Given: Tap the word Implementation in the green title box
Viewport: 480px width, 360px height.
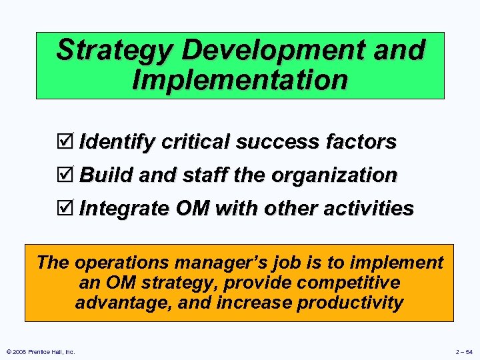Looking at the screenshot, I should pos(240,79).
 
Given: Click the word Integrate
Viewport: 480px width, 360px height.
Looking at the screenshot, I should pos(125,209).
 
